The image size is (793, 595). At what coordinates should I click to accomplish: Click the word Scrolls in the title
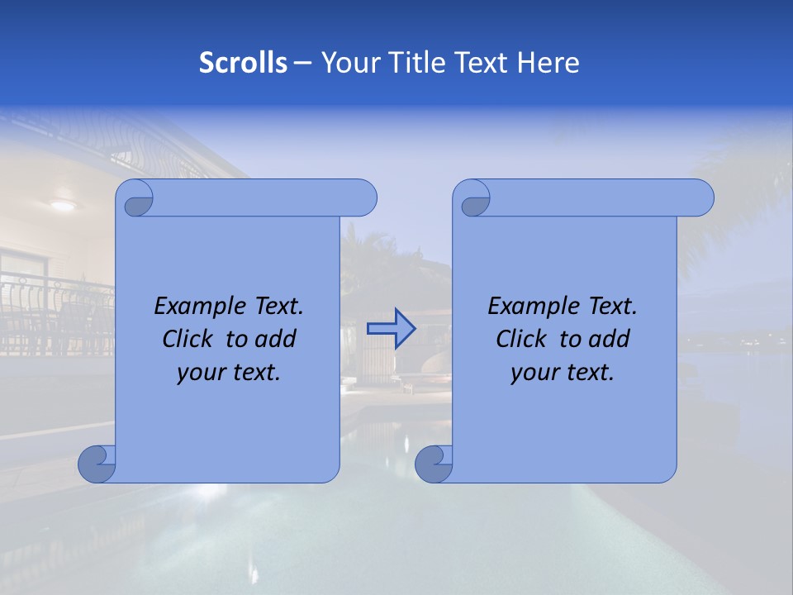[243, 63]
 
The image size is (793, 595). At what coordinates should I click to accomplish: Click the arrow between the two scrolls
[391, 329]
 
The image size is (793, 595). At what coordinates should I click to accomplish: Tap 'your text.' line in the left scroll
[229, 373]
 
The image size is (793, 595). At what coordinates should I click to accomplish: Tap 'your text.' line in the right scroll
[563, 373]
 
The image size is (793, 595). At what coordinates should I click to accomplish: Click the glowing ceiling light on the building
[62, 205]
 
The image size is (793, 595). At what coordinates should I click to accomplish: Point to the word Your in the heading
[347, 63]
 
